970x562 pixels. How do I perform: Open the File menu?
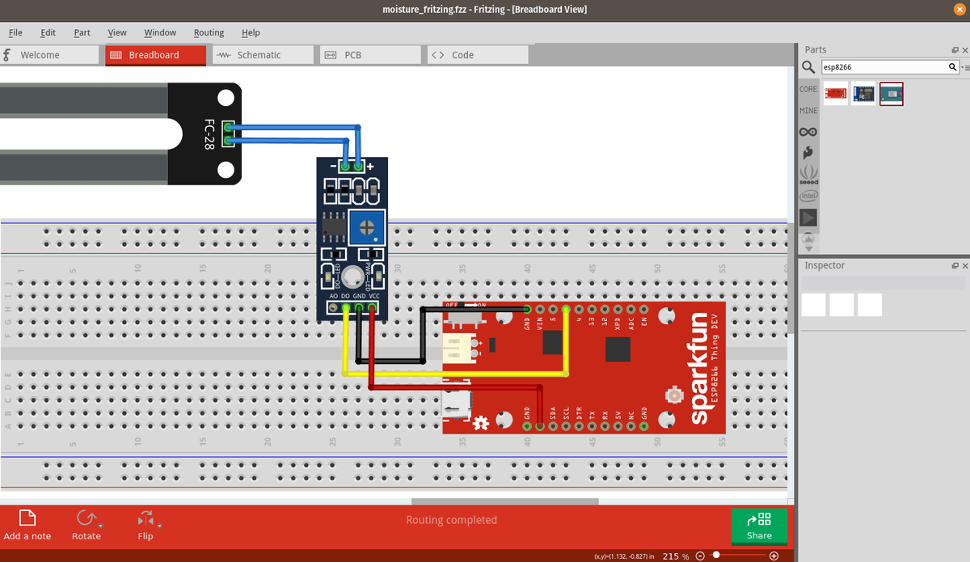point(15,32)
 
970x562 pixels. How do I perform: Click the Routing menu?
point(209,32)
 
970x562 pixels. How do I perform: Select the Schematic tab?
point(259,55)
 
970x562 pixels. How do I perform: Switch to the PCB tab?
point(352,55)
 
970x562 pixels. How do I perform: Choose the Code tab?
point(462,55)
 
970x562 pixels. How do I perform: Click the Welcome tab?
point(40,55)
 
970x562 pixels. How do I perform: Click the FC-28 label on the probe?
point(209,134)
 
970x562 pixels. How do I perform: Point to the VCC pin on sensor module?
point(373,308)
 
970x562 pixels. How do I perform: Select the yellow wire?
point(453,374)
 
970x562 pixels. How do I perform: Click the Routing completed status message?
point(451,520)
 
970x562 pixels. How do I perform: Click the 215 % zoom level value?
point(674,556)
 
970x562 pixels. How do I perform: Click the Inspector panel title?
point(824,265)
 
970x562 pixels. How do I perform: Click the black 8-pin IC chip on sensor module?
point(334,226)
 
